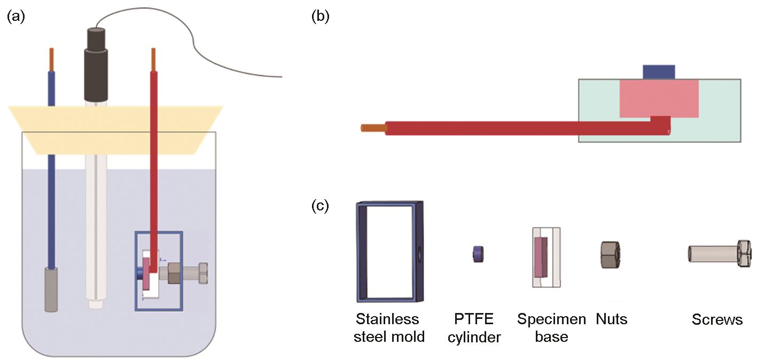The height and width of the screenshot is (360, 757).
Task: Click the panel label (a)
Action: coord(16,17)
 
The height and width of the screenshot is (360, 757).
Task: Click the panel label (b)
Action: coord(320,17)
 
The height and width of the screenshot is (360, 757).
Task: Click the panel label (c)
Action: coord(320,206)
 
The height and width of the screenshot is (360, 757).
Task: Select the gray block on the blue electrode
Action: coord(51,289)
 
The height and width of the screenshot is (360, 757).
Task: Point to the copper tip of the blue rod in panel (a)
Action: coord(51,59)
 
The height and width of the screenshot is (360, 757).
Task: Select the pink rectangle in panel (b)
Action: coord(659,98)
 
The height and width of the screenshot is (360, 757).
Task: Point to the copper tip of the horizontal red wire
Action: coord(372,128)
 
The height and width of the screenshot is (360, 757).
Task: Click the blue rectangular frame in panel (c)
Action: coord(390,252)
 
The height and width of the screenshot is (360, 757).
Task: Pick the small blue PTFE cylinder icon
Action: coord(477,254)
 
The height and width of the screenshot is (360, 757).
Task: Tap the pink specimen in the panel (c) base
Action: coord(541,256)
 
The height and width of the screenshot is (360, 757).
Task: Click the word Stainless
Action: coord(387,319)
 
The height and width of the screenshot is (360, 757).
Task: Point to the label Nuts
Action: coord(611,319)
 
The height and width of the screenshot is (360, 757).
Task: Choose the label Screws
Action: coord(717,320)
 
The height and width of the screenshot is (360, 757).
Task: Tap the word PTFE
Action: coord(474,319)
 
